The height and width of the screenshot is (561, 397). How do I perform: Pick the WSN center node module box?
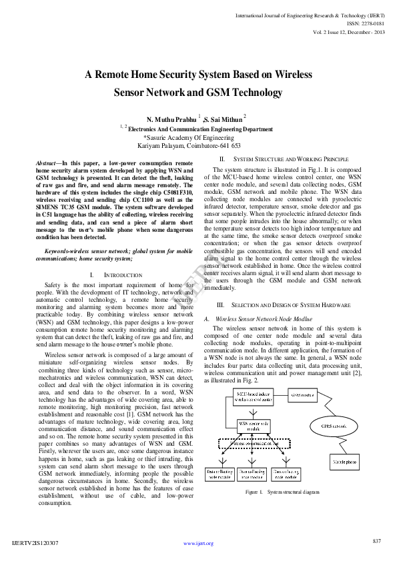255,425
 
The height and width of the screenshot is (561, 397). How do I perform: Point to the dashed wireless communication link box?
255,442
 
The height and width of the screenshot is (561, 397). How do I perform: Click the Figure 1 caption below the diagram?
282,492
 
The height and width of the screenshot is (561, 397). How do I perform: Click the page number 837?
377,540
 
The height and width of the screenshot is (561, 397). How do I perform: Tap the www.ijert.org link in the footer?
198,544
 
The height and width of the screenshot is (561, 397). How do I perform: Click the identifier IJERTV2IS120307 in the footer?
35,544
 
